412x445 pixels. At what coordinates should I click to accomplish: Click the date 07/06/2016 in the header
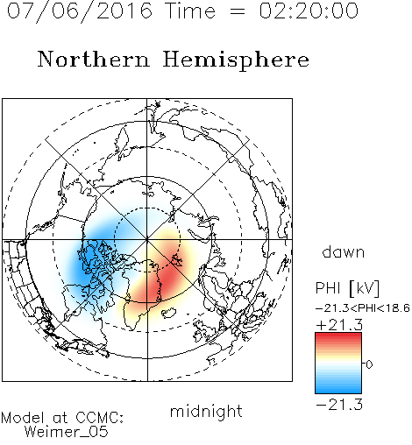coord(79,11)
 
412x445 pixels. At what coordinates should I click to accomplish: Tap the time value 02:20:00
coord(309,11)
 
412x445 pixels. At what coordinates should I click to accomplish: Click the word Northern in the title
coord(94,59)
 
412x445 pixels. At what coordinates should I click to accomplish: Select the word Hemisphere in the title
coord(236,60)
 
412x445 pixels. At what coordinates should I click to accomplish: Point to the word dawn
coord(344,251)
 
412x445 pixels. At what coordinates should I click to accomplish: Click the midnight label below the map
coord(206,412)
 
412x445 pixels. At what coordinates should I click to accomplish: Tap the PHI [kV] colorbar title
coord(347,288)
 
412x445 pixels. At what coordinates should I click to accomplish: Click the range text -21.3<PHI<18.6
coord(363,308)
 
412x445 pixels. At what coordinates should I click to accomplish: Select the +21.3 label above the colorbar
coord(339,325)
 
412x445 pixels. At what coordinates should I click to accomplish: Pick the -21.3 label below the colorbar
coord(339,405)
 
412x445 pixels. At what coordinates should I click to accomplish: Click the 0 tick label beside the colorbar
coord(369,364)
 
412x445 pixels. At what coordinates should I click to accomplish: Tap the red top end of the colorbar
coord(338,336)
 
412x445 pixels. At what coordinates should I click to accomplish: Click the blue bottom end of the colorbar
coord(338,390)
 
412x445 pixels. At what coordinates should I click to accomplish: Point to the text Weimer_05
coord(67,431)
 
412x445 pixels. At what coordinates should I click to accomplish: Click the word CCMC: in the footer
coord(99,418)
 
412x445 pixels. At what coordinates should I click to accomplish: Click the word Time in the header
coord(190,11)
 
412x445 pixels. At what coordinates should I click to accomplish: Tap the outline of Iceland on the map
coord(169,313)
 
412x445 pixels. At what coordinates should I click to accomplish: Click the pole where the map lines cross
coord(147,239)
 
